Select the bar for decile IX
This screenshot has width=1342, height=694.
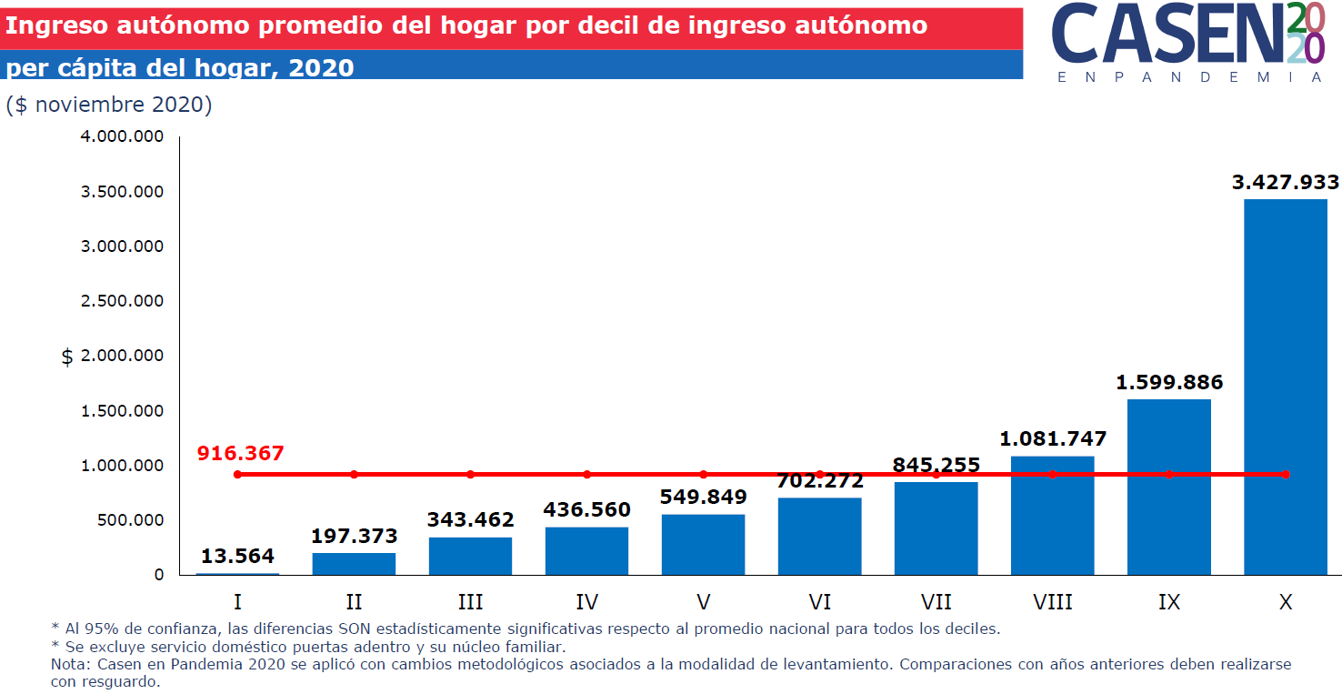click(1168, 487)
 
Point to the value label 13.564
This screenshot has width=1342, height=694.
click(237, 556)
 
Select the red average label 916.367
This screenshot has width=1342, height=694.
click(241, 453)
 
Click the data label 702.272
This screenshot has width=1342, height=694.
click(819, 480)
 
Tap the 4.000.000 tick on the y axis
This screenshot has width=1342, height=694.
click(122, 136)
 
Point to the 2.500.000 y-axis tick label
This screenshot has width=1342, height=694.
click(122, 301)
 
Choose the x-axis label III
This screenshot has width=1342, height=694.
click(470, 602)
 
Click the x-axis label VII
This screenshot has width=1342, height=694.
click(936, 602)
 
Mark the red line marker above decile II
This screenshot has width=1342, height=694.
click(354, 475)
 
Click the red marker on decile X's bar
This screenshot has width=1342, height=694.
click(1285, 475)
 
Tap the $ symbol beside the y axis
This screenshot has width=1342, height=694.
click(67, 357)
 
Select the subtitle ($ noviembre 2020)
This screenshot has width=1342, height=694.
click(109, 106)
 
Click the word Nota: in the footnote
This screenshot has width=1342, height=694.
click(68, 664)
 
